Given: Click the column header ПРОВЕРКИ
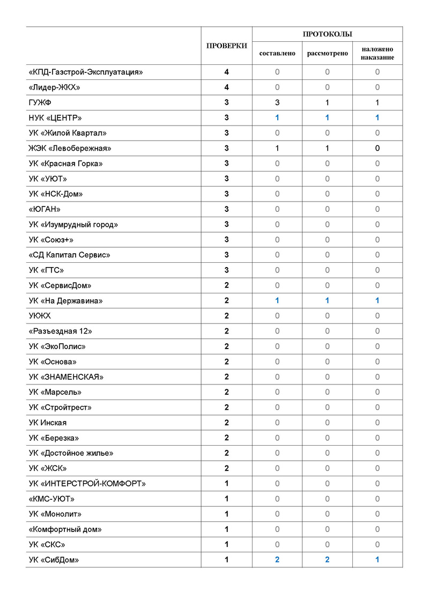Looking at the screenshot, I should [x=227, y=46].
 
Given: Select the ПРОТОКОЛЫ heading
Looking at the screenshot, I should [x=327, y=34].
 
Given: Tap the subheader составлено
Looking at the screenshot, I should [x=277, y=54].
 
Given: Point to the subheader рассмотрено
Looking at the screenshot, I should [x=327, y=54].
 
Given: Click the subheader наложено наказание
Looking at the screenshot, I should [x=377, y=54].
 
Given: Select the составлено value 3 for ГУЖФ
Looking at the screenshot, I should [x=277, y=102].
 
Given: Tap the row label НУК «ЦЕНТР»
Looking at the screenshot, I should [x=55, y=118].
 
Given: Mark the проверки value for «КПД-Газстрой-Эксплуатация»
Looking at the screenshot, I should [x=227, y=72].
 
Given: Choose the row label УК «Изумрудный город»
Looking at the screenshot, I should [x=73, y=225].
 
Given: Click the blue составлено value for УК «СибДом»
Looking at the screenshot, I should [x=277, y=560].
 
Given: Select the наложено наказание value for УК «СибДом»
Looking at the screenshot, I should [x=377, y=560].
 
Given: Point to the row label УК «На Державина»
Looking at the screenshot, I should [x=65, y=301].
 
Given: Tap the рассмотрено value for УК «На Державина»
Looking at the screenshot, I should [x=327, y=301].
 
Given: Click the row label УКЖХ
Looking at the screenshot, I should [x=40, y=316].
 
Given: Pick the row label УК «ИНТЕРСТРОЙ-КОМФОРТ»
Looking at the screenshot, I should [x=87, y=484].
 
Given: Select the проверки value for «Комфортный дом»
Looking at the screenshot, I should [x=227, y=529].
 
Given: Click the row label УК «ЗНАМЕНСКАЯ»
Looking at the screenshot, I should [x=66, y=377].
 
